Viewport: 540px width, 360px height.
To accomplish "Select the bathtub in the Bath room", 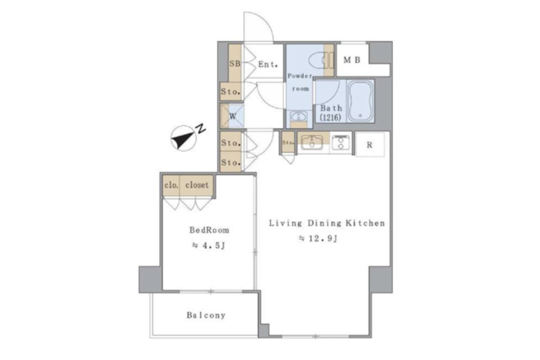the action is [360, 101].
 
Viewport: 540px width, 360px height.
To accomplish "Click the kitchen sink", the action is [312, 142].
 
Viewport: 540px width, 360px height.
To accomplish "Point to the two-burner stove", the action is [340, 143].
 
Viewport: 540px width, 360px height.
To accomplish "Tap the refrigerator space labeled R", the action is [369, 145].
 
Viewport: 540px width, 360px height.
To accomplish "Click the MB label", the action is [352, 60].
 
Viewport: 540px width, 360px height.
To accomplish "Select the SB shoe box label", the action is [234, 63].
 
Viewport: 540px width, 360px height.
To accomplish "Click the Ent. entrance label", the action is [268, 64].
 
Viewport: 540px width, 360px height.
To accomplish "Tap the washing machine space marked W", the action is [232, 117].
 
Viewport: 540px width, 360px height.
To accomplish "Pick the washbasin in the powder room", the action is [299, 117].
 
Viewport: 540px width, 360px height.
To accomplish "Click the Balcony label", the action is [206, 315].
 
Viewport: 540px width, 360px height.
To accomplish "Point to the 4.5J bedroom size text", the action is [208, 245].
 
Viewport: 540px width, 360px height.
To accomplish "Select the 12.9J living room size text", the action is [318, 238].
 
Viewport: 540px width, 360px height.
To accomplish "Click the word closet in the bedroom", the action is [197, 185].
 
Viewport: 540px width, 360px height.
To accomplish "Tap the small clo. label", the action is [171, 185].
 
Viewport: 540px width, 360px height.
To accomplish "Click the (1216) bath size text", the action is [330, 117].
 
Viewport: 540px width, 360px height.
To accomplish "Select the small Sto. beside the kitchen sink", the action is [288, 143].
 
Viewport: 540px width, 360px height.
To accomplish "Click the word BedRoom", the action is [209, 230].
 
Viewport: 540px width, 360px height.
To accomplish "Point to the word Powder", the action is [300, 76].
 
